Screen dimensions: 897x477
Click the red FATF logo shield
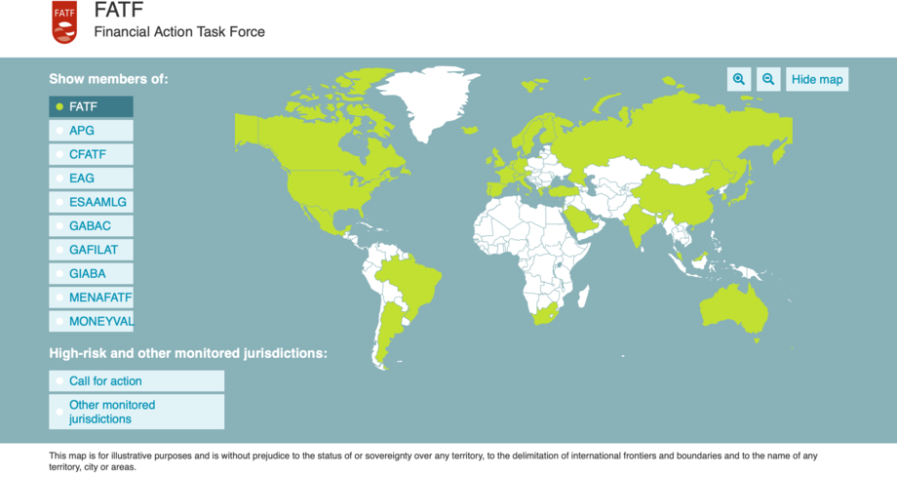64,21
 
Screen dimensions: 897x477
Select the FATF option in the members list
91,106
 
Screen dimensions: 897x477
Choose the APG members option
91,130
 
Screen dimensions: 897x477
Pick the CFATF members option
91,154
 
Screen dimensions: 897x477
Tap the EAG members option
91,179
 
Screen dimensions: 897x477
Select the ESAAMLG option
91,202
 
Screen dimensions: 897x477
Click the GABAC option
91,226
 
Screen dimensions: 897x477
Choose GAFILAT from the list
91,250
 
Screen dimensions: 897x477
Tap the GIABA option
91,274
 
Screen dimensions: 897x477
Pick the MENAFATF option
91,298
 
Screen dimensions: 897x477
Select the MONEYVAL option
91,321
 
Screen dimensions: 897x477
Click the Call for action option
136,381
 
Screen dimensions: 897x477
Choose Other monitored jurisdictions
136,412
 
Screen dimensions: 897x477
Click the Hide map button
817,79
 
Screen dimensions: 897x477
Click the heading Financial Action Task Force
179,31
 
